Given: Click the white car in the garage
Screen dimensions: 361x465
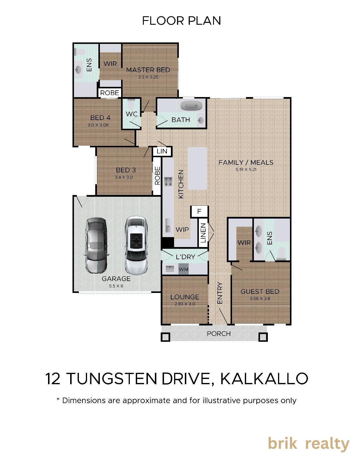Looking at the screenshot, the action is pos(136,246).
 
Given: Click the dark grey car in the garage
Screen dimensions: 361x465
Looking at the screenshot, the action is pos(96,246).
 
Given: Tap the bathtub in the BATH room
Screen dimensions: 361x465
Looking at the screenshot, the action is pos(191,106).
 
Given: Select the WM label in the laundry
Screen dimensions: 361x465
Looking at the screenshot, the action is pos(183,269).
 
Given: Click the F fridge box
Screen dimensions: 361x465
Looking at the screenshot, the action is pos(199,211).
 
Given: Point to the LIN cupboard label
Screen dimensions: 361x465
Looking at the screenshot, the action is pos(162,151).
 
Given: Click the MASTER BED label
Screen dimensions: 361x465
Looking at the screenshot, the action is pos(148,70).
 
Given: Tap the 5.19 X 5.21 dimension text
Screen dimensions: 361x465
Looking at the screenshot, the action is pos(246,169).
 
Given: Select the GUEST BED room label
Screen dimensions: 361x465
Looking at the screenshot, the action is pos(260,291).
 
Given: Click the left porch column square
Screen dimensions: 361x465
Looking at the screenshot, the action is pos(165,337).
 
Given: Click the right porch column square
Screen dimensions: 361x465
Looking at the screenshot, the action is pos(263,337).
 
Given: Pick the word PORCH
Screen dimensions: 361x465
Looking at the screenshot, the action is pos(219,334).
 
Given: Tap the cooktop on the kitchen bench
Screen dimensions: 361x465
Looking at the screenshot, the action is pos(169,181).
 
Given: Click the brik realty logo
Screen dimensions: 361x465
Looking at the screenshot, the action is pos(309,444).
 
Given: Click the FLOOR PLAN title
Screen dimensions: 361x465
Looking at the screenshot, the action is pos(181,21).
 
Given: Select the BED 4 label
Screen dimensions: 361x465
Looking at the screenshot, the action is pos(100,118).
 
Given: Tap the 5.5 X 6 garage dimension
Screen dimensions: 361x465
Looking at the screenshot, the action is pos(116,286).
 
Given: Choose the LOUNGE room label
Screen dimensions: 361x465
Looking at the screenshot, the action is pos(185,297).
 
